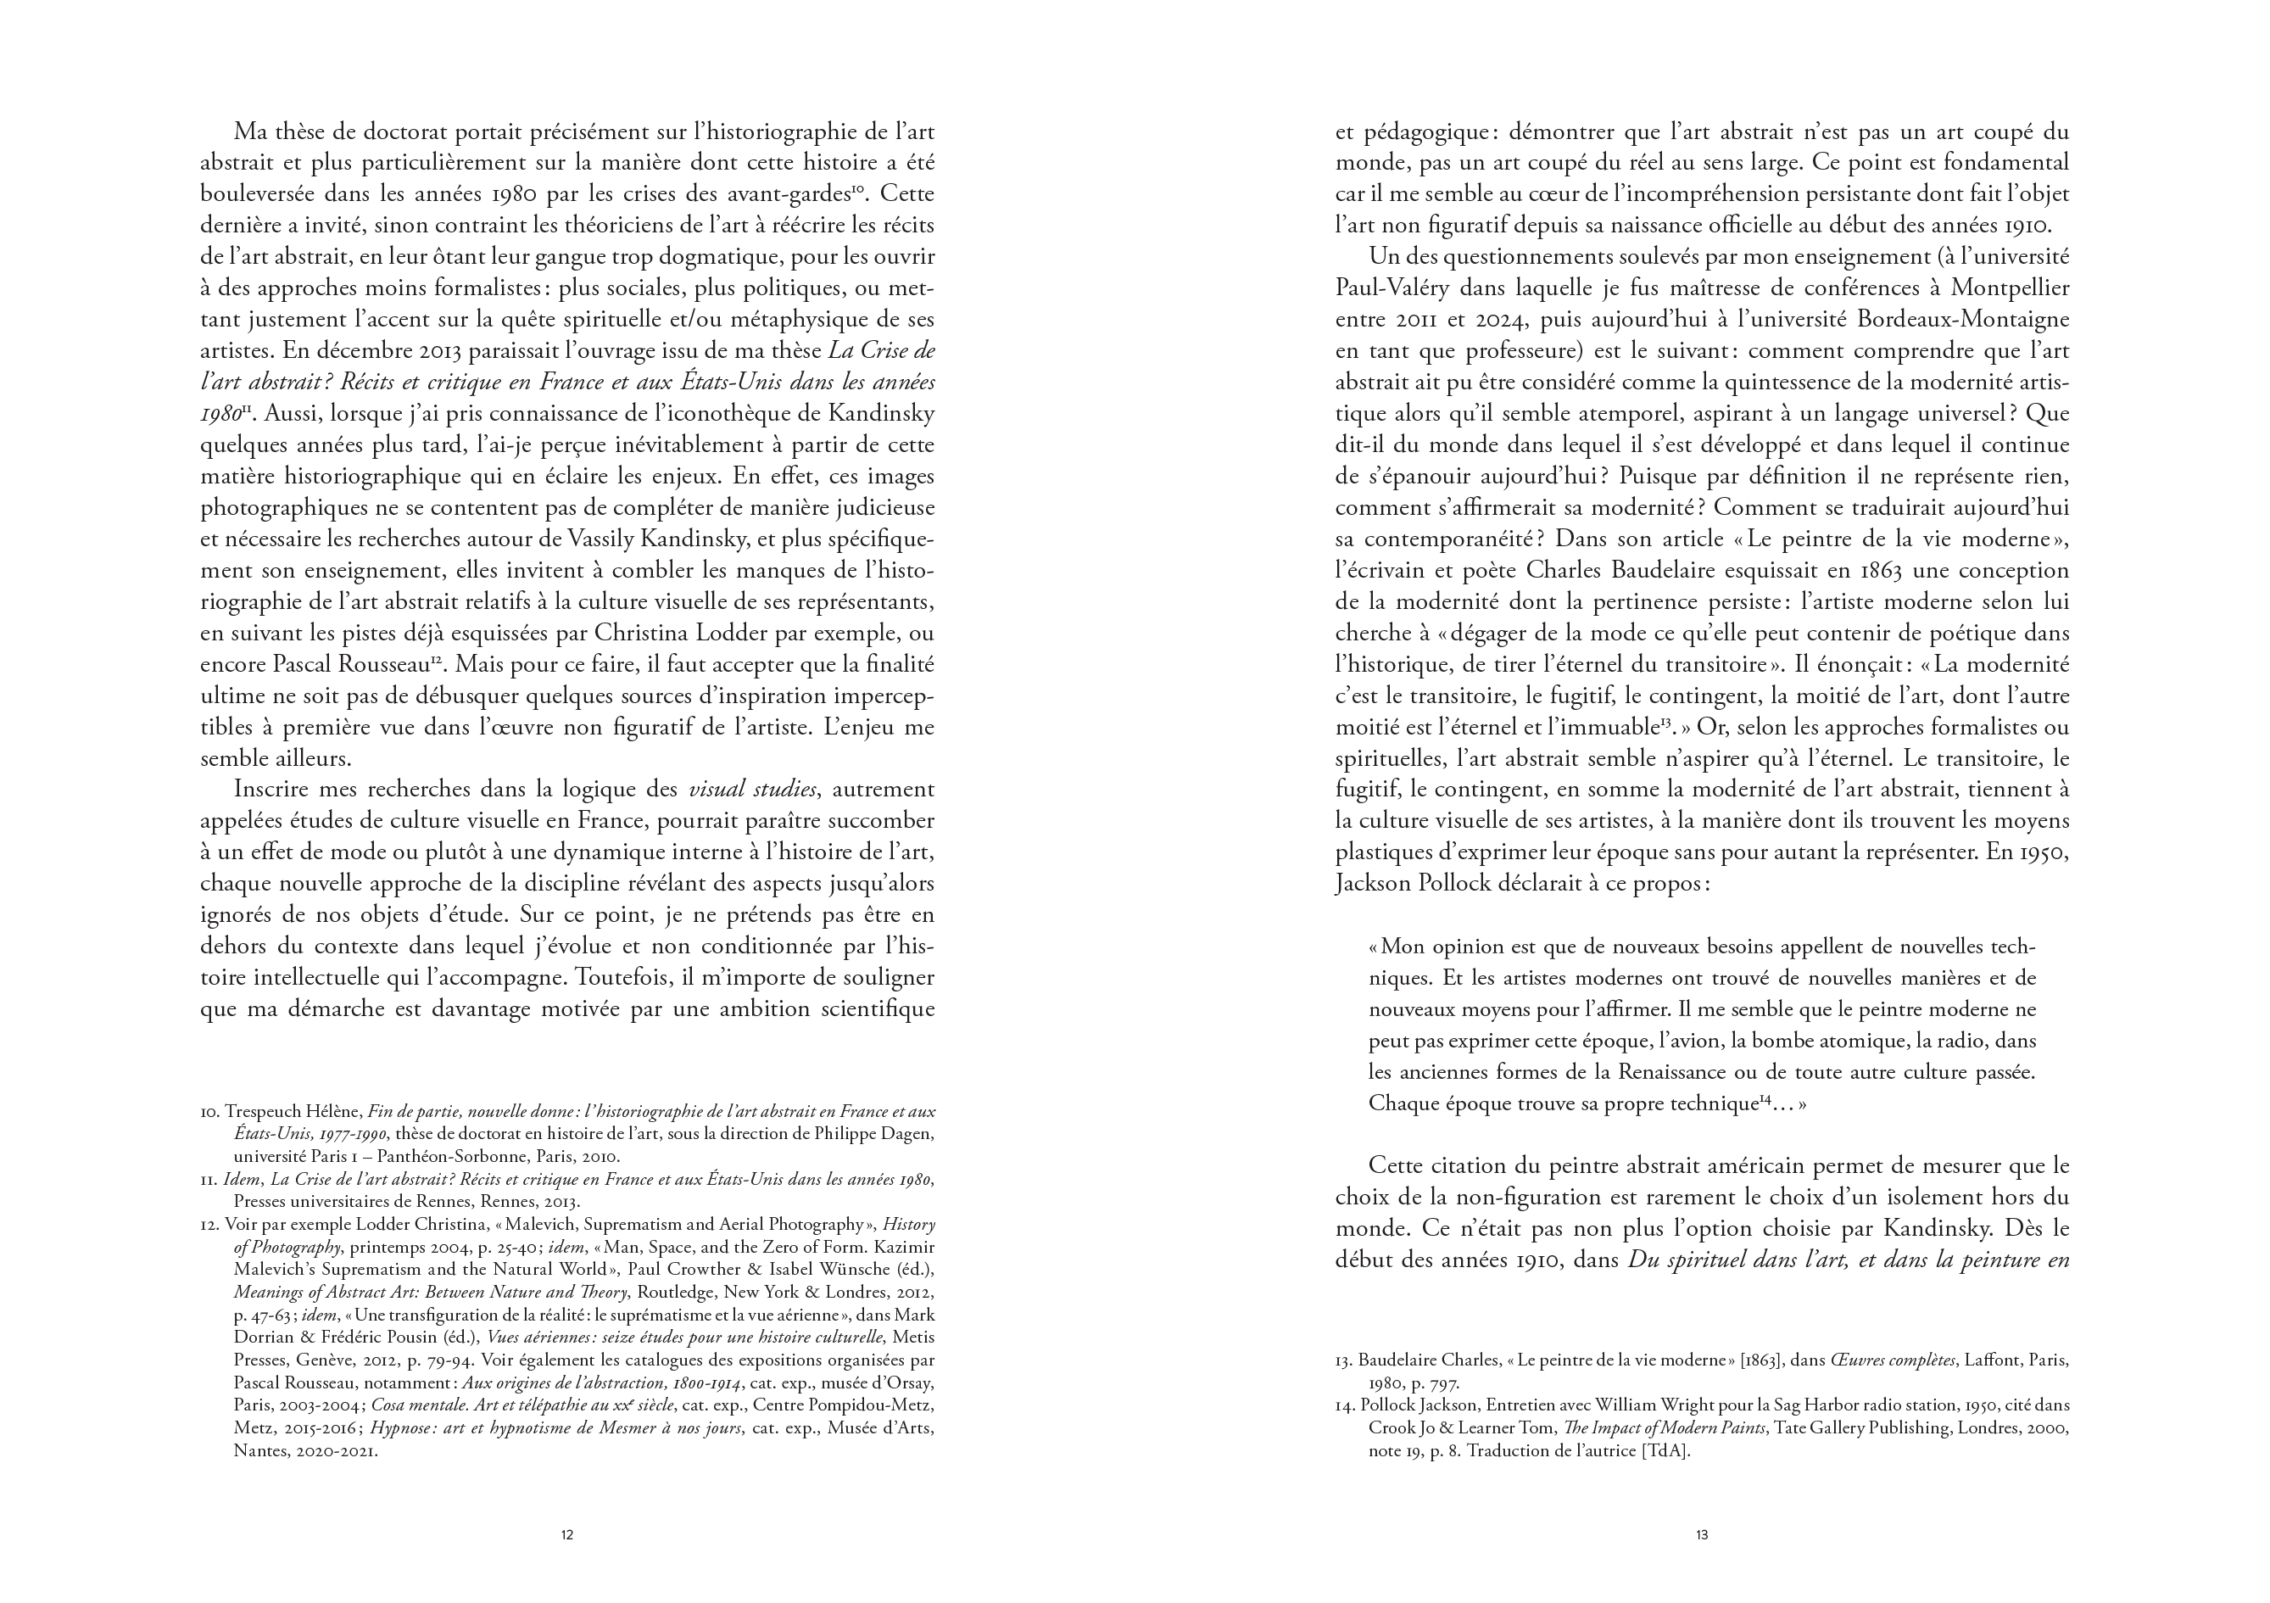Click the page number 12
tap(566, 1536)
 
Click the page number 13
tap(1702, 1536)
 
